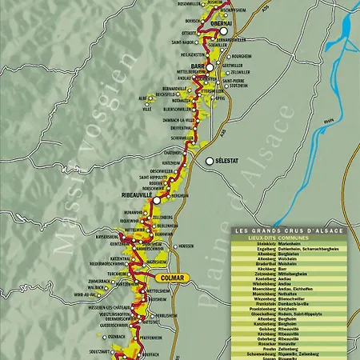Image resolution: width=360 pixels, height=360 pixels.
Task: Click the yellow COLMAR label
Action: point(171,278)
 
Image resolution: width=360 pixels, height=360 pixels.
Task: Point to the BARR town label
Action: point(197,67)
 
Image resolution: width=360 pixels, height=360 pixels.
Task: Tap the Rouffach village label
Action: point(149,354)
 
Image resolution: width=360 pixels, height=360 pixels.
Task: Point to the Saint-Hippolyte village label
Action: point(151,177)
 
